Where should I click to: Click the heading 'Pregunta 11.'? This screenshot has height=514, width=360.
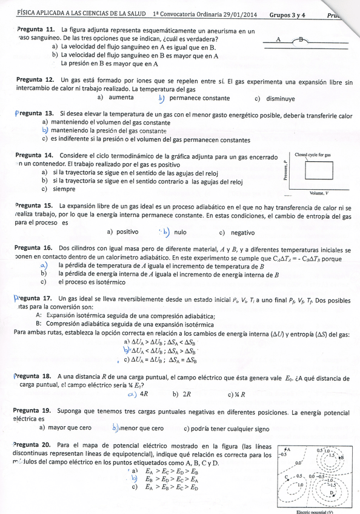click(36, 30)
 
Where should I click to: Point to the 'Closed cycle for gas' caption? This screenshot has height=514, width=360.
click(313, 155)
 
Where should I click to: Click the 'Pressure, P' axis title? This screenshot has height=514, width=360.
click(284, 172)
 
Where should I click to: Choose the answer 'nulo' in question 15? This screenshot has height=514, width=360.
click(180, 232)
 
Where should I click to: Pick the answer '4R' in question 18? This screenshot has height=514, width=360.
click(144, 394)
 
